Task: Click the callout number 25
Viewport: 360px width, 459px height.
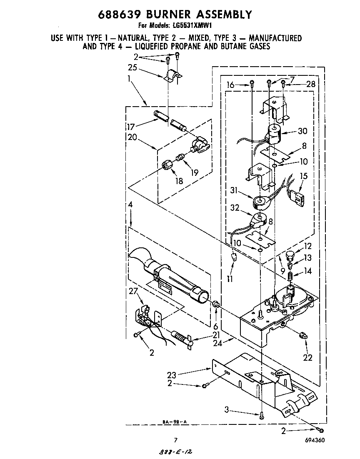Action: (x=132, y=67)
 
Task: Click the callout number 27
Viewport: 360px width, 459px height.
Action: (x=133, y=292)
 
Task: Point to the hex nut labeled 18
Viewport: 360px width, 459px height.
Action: (x=167, y=165)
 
